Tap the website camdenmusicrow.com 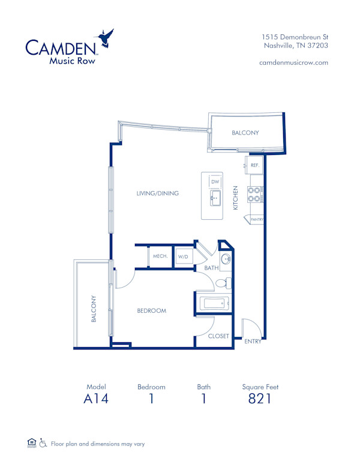[x=293, y=62]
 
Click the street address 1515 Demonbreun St [x=295, y=37]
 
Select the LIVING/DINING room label [x=158, y=193]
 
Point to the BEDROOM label [x=151, y=311]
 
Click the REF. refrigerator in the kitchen [x=254, y=165]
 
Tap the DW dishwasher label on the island [x=215, y=181]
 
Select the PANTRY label [x=256, y=220]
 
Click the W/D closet [x=182, y=256]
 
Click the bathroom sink [x=226, y=259]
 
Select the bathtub [x=215, y=304]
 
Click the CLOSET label [x=218, y=336]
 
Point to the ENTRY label [x=253, y=341]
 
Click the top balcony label [x=245, y=133]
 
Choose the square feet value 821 [x=260, y=399]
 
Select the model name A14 [x=96, y=399]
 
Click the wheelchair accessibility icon [x=43, y=444]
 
